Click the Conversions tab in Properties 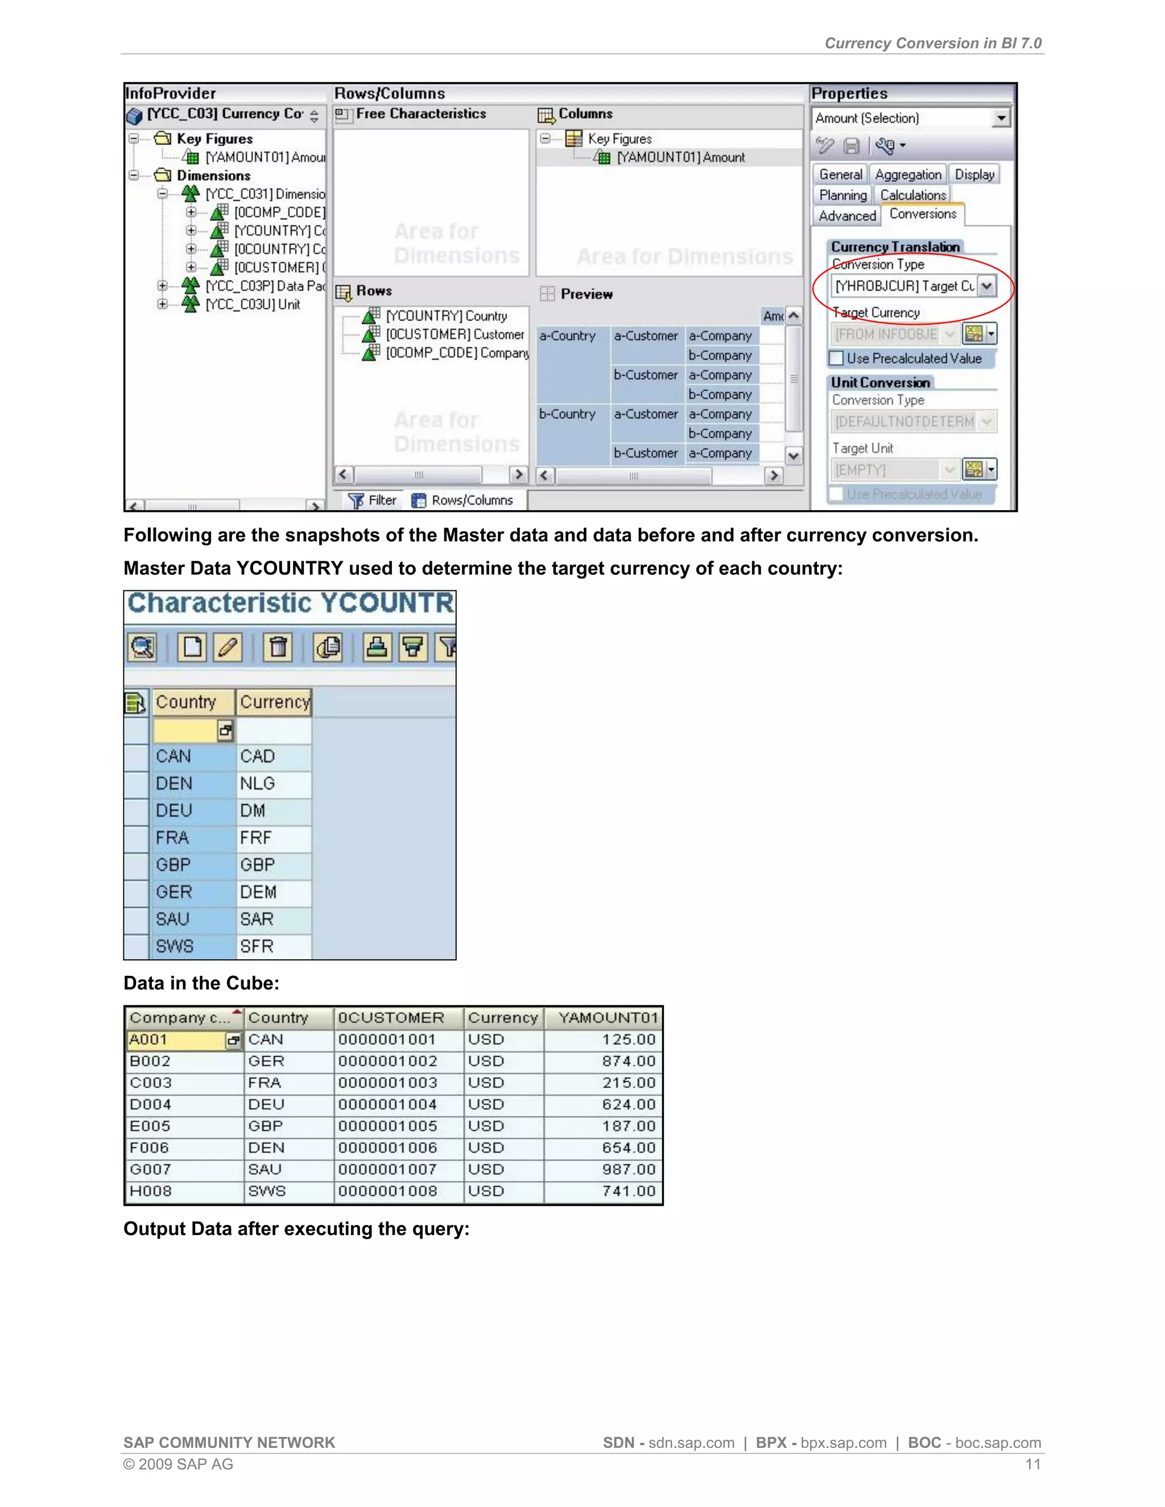(x=922, y=214)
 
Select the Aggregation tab (x=907, y=175)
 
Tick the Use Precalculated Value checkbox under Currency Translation (x=836, y=358)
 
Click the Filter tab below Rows (x=373, y=500)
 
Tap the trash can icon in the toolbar (x=278, y=647)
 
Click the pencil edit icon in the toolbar (x=228, y=647)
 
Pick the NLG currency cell (x=258, y=783)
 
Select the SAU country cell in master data (x=172, y=919)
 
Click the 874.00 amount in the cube (x=628, y=1061)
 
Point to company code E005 (x=150, y=1126)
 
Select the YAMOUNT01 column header (x=608, y=1018)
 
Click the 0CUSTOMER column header (x=391, y=1018)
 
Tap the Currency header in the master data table (x=275, y=702)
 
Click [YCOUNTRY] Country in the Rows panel (x=446, y=316)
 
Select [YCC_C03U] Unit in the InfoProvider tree (x=253, y=304)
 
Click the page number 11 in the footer (x=1032, y=1464)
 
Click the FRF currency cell (x=256, y=838)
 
